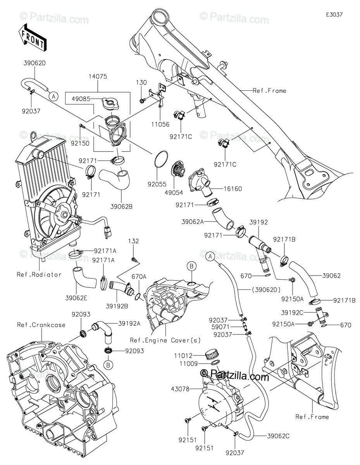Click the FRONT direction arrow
pyautogui.click(x=32, y=37)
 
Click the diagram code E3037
pyautogui.click(x=334, y=14)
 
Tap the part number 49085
pyautogui.click(x=81, y=99)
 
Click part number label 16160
pyautogui.click(x=232, y=189)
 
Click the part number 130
pyautogui.click(x=141, y=83)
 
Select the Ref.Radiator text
pyautogui.click(x=39, y=274)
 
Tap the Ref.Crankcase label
pyautogui.click(x=41, y=325)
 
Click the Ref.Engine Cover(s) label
pyautogui.click(x=165, y=340)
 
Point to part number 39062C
pyautogui.click(x=277, y=436)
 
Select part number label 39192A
pyautogui.click(x=129, y=323)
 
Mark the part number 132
pyautogui.click(x=134, y=241)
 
